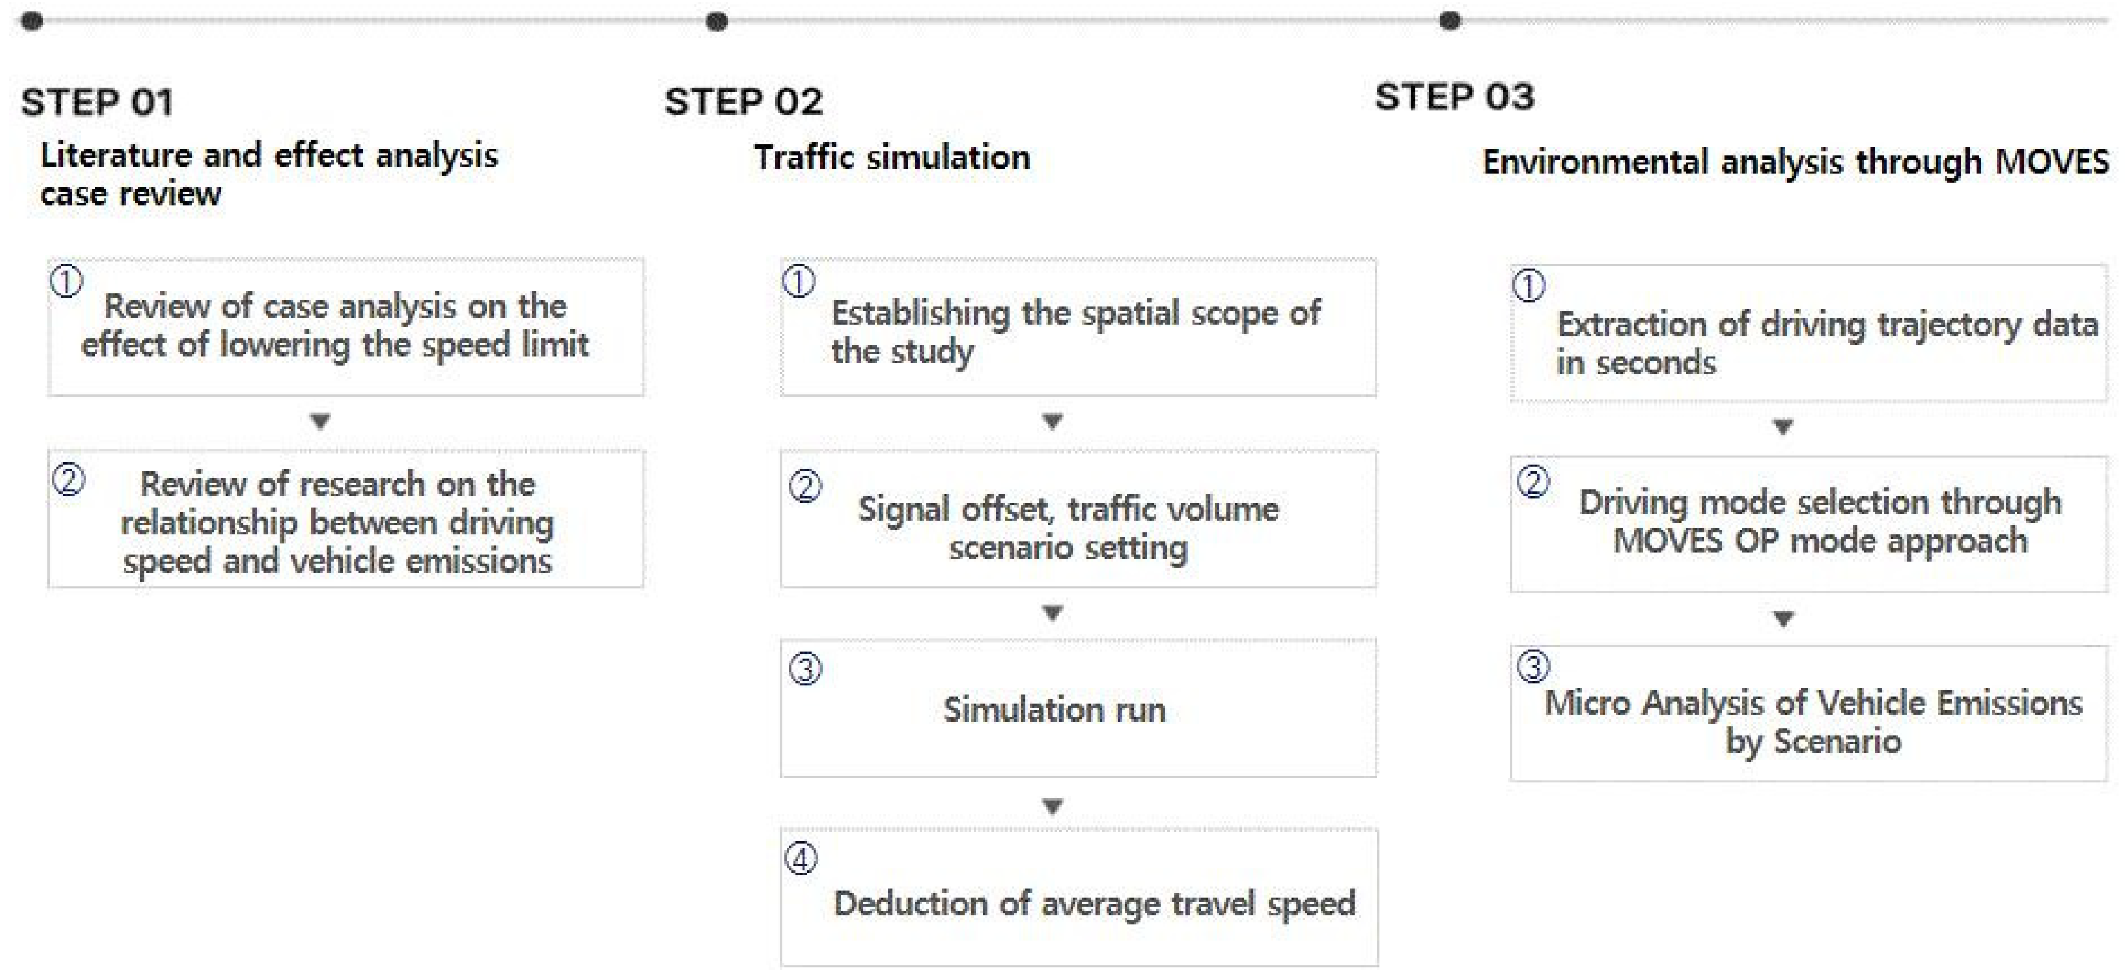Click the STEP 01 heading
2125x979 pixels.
tap(97, 103)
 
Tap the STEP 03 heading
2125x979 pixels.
tap(1454, 96)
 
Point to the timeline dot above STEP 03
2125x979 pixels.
tap(1449, 21)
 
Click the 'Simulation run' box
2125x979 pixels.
tap(1078, 708)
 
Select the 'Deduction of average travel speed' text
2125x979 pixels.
tap(1094, 904)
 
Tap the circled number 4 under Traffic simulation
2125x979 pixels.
tap(801, 859)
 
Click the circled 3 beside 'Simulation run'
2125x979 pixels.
tap(805, 669)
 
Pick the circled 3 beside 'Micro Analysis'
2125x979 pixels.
tap(1533, 666)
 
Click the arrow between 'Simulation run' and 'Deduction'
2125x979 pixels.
tap(1052, 806)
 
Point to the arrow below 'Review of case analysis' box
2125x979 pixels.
tap(320, 421)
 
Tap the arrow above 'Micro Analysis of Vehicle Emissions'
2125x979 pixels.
tap(1782, 618)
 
